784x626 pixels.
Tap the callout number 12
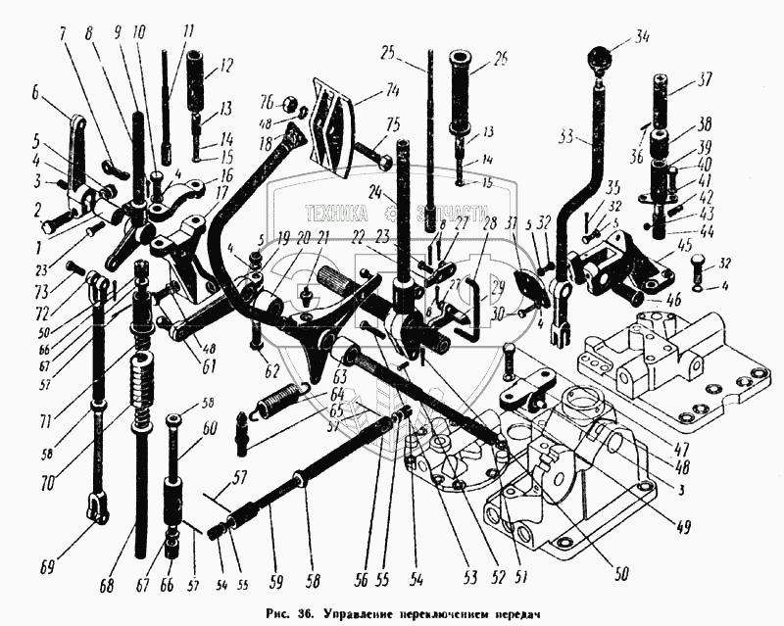(226, 69)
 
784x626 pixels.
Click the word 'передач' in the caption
(510, 612)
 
